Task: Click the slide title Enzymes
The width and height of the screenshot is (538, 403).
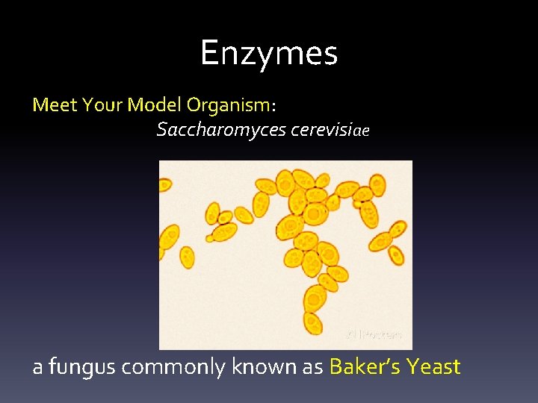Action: [269, 53]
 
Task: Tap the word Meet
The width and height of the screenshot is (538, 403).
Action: [55, 104]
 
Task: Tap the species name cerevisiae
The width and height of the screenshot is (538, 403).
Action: [330, 130]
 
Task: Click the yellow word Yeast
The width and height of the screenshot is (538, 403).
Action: [434, 366]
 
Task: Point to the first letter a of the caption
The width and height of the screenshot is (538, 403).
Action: [37, 368]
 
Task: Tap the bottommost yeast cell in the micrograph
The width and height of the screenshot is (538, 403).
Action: [313, 323]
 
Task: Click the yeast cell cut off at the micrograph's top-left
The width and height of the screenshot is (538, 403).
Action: [165, 184]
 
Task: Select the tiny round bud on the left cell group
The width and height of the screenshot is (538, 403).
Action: [210, 239]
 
